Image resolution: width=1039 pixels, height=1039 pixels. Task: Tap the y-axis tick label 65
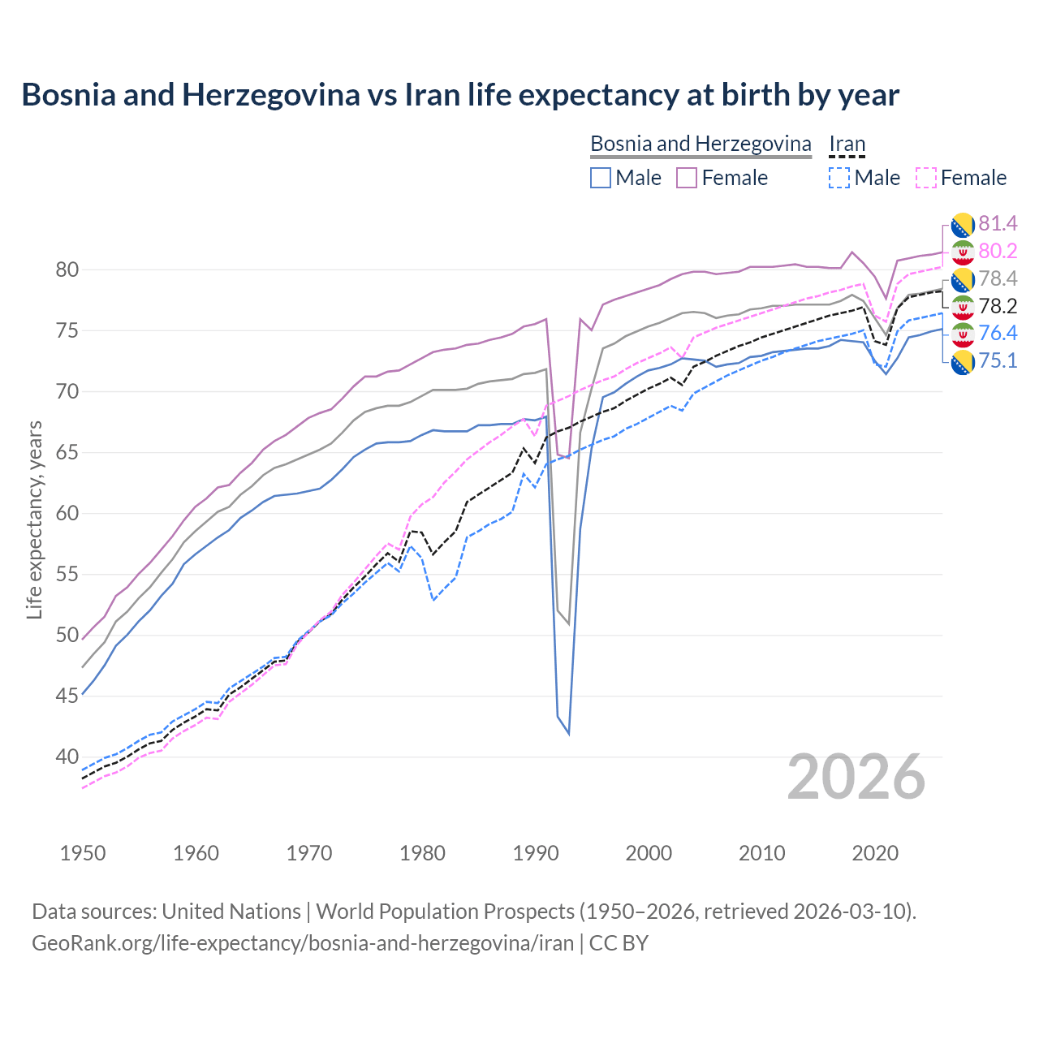67,452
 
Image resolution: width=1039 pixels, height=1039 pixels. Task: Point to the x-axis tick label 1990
536,853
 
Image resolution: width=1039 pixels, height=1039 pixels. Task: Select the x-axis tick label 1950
83,853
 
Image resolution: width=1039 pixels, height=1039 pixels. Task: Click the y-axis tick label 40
67,757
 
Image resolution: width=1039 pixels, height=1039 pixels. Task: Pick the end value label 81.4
998,223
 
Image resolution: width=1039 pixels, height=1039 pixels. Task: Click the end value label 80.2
998,251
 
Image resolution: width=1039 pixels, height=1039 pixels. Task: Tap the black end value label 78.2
998,306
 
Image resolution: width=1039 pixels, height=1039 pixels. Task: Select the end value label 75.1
998,360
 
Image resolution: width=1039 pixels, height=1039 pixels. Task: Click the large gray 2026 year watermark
856,777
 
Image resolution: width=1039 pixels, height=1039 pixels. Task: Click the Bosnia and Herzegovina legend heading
701,144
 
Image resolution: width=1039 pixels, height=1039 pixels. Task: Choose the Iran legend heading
847,144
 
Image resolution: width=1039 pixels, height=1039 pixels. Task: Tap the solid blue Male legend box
601,178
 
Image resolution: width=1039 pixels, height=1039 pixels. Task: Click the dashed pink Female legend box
926,178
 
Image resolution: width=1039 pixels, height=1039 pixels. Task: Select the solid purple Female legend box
687,178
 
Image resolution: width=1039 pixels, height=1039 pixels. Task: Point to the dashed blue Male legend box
839,178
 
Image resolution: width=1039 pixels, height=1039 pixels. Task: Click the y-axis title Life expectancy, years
34,519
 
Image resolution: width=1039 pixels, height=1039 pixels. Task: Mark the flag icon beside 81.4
963,224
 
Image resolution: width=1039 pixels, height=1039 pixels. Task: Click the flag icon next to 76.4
963,334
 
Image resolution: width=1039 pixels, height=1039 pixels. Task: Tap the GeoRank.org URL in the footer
302,943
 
